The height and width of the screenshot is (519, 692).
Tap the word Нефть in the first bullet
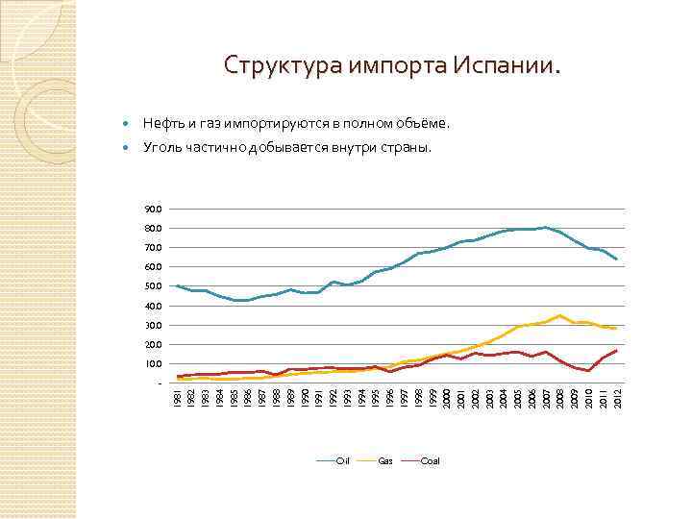[x=162, y=124]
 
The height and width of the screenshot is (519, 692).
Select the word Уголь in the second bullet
[x=162, y=148]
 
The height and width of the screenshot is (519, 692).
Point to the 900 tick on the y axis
[x=155, y=210]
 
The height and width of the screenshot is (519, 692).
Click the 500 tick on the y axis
[x=155, y=286]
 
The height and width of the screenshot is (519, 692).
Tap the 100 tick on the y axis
[x=155, y=363]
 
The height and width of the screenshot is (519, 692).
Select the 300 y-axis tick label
[x=155, y=325]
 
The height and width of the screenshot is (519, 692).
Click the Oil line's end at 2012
[x=616, y=259]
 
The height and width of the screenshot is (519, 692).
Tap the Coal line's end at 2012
[x=616, y=351]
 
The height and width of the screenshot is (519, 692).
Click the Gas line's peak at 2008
[x=559, y=315]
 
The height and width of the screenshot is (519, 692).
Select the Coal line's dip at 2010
[x=588, y=370]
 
